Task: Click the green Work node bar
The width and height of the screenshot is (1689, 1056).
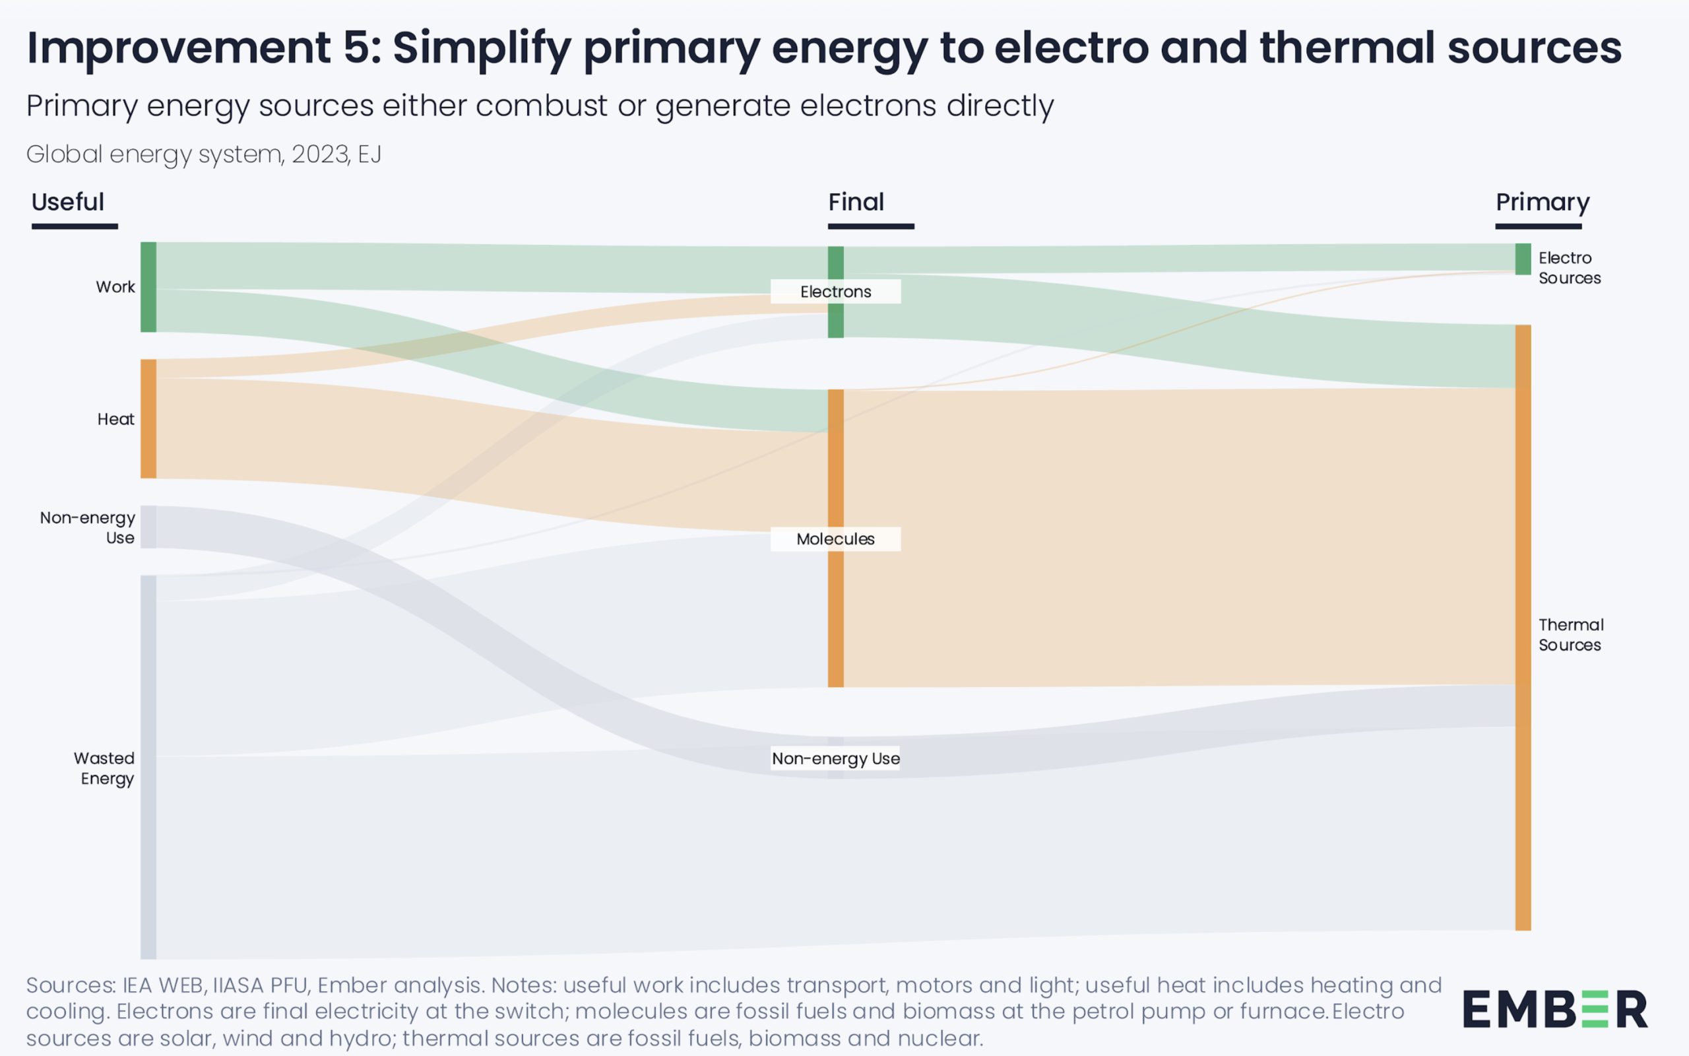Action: [x=148, y=287]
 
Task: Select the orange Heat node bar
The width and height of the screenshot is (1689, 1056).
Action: [x=148, y=418]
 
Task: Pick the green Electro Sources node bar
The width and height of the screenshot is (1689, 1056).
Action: [x=1523, y=259]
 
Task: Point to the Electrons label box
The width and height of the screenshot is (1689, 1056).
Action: [x=835, y=292]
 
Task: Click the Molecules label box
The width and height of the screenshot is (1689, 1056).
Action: [x=835, y=539]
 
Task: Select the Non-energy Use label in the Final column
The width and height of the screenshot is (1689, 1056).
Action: [x=835, y=758]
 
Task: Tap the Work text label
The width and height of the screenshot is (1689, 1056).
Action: [x=115, y=287]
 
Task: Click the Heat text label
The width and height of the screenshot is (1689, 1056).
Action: [x=116, y=419]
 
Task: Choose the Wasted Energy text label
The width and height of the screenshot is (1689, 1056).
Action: [x=105, y=768]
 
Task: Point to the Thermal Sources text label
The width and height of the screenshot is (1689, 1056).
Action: [x=1570, y=635]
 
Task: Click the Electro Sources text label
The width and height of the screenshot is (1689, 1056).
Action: [x=1569, y=268]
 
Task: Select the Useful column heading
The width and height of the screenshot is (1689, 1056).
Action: [x=68, y=203]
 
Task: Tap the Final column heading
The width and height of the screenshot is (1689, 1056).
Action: [x=856, y=203]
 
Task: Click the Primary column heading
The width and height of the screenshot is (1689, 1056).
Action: [x=1543, y=203]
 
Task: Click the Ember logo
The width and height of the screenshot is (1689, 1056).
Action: [x=1555, y=1009]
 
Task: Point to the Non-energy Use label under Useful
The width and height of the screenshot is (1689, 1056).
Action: [x=88, y=528]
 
